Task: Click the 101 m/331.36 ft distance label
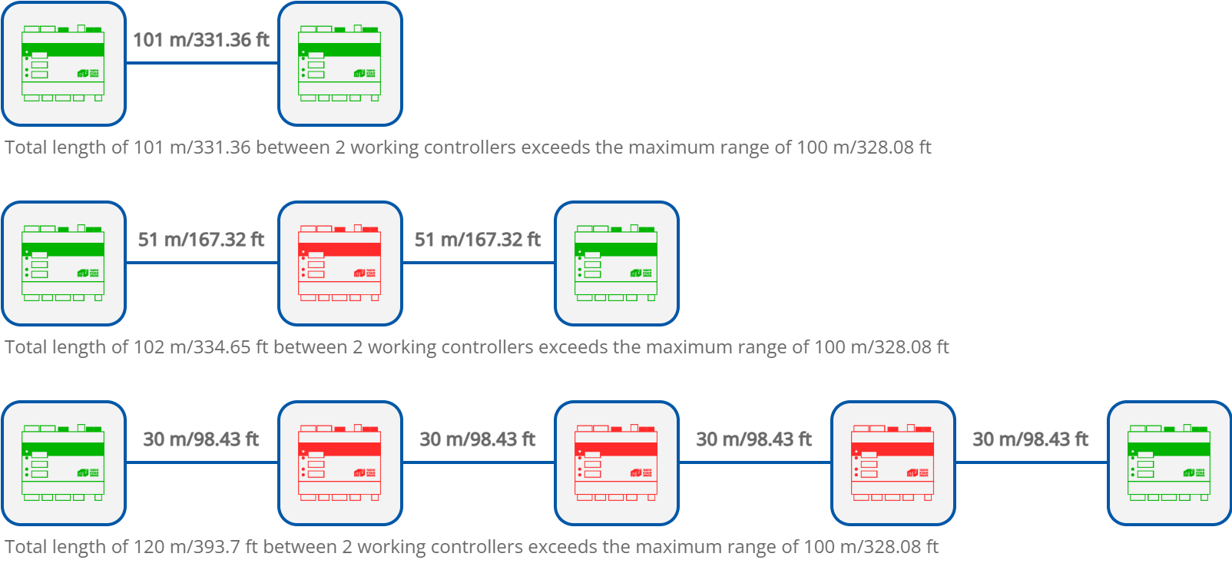201,40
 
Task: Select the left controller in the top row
63,64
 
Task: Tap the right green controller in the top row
339,64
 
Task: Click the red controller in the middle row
339,263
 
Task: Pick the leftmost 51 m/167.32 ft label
201,240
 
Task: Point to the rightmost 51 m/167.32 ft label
478,240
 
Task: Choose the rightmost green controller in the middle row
616,263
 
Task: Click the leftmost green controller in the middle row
63,263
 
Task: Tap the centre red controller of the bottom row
616,463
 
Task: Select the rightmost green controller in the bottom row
1169,463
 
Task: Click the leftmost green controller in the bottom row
63,463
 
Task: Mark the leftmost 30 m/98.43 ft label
201,439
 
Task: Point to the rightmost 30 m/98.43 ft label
1031,439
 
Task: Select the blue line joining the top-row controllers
201,64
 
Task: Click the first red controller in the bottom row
339,463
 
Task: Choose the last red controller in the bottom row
893,463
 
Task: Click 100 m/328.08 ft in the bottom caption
871,547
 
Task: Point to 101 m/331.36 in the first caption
192,147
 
